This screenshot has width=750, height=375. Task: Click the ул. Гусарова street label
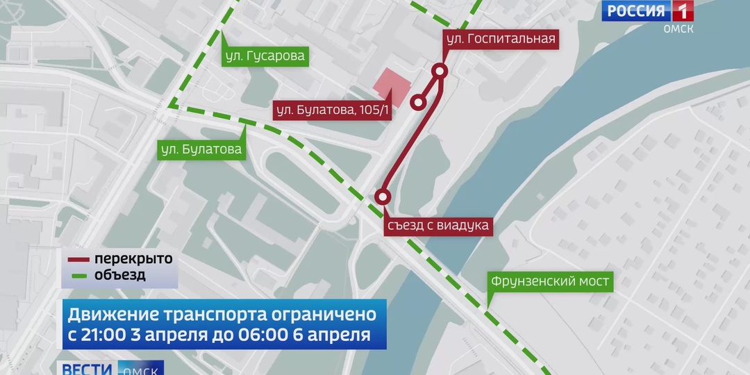(x=264, y=56)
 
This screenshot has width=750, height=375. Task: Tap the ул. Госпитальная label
(x=501, y=39)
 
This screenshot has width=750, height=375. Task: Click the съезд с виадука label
(x=437, y=225)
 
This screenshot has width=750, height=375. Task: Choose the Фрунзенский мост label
(x=549, y=281)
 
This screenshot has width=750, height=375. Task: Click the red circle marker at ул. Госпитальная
(x=440, y=70)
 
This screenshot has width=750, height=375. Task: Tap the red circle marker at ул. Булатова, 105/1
(x=418, y=103)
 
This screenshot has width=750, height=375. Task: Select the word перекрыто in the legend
(x=133, y=259)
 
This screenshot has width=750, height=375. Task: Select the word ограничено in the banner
(x=324, y=314)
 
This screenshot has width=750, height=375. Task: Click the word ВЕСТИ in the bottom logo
(x=87, y=368)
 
